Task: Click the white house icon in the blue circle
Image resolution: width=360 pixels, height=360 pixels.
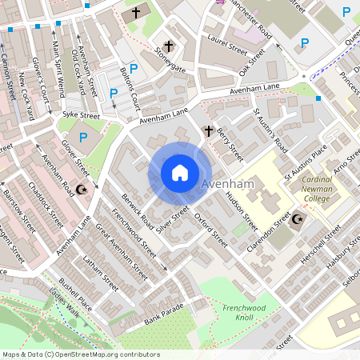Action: pos(180,173)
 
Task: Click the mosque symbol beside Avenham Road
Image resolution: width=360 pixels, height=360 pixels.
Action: pos(80,190)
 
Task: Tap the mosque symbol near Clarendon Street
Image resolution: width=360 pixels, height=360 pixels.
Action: pos(299,218)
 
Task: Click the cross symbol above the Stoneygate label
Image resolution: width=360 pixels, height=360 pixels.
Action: pos(169,46)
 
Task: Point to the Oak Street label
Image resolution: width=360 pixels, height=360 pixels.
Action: pos(252,63)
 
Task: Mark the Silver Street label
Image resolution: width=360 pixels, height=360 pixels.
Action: pos(172,219)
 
